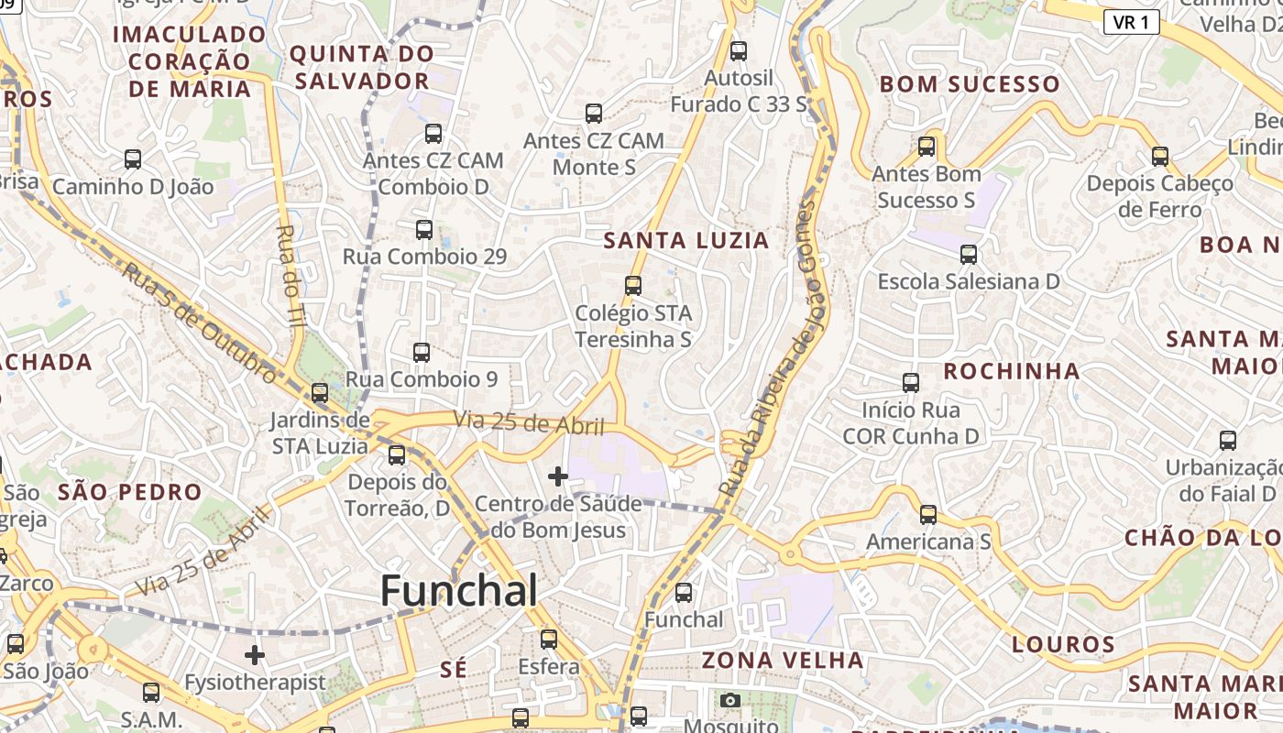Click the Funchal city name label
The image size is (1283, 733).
[x=458, y=591]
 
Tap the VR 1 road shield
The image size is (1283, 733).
[x=1131, y=22]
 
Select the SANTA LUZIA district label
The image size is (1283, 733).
[x=685, y=241]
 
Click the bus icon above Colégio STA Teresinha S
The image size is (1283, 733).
[x=632, y=286]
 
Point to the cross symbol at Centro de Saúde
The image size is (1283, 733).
[x=557, y=476]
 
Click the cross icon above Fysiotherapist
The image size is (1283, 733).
[x=255, y=655]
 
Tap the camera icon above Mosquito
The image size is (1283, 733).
[x=729, y=701]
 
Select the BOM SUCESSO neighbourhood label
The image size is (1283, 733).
[x=970, y=84]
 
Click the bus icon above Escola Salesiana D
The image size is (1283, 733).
[x=968, y=255]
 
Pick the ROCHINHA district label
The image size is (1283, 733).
[x=1012, y=371]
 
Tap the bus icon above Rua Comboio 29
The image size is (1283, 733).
[x=423, y=230]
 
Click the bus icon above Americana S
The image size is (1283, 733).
[x=928, y=515]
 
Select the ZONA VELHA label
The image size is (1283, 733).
[x=783, y=660]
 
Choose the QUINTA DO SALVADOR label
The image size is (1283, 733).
[x=362, y=67]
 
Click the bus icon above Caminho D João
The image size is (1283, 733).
[x=133, y=159]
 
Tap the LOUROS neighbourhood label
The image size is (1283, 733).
[x=1063, y=644]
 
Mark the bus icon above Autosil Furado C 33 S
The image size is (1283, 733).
[x=739, y=51]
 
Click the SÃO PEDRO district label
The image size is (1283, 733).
[x=129, y=492]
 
